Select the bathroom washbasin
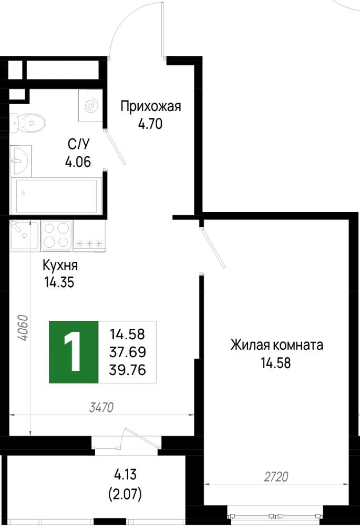point(20,161)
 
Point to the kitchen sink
point(24,235)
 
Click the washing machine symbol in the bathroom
point(90,105)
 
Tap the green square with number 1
point(74,352)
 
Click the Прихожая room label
point(151,107)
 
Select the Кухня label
point(60,265)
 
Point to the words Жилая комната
point(276,345)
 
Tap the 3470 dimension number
point(102,407)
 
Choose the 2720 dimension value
point(276,477)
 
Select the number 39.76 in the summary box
point(127,370)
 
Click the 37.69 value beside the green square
point(127,352)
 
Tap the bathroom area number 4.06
point(78,163)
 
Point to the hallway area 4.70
point(150,125)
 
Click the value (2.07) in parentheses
point(125,494)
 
